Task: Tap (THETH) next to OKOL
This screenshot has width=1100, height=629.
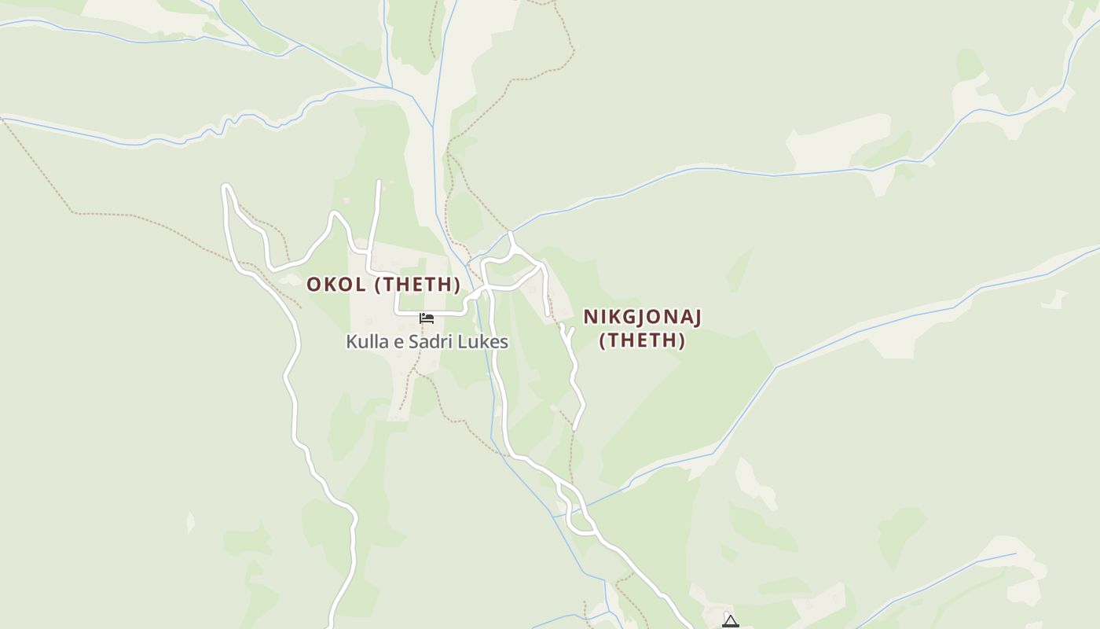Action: click(416, 284)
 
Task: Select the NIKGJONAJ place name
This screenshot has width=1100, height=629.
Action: click(642, 317)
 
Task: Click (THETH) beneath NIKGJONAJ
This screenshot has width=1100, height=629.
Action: click(642, 340)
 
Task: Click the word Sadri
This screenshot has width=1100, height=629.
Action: click(434, 342)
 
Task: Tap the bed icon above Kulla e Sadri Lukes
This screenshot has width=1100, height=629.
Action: click(427, 318)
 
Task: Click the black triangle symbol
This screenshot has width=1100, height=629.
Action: click(731, 622)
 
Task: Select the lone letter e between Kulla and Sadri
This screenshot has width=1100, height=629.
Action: click(400, 343)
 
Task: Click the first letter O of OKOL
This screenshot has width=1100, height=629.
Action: click(313, 284)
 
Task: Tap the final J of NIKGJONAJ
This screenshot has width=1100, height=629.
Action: click(696, 317)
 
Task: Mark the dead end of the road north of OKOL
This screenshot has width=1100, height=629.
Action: click(379, 182)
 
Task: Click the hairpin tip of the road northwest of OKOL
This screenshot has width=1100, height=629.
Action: click(226, 186)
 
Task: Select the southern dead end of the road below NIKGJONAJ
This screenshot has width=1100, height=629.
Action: click(576, 429)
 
